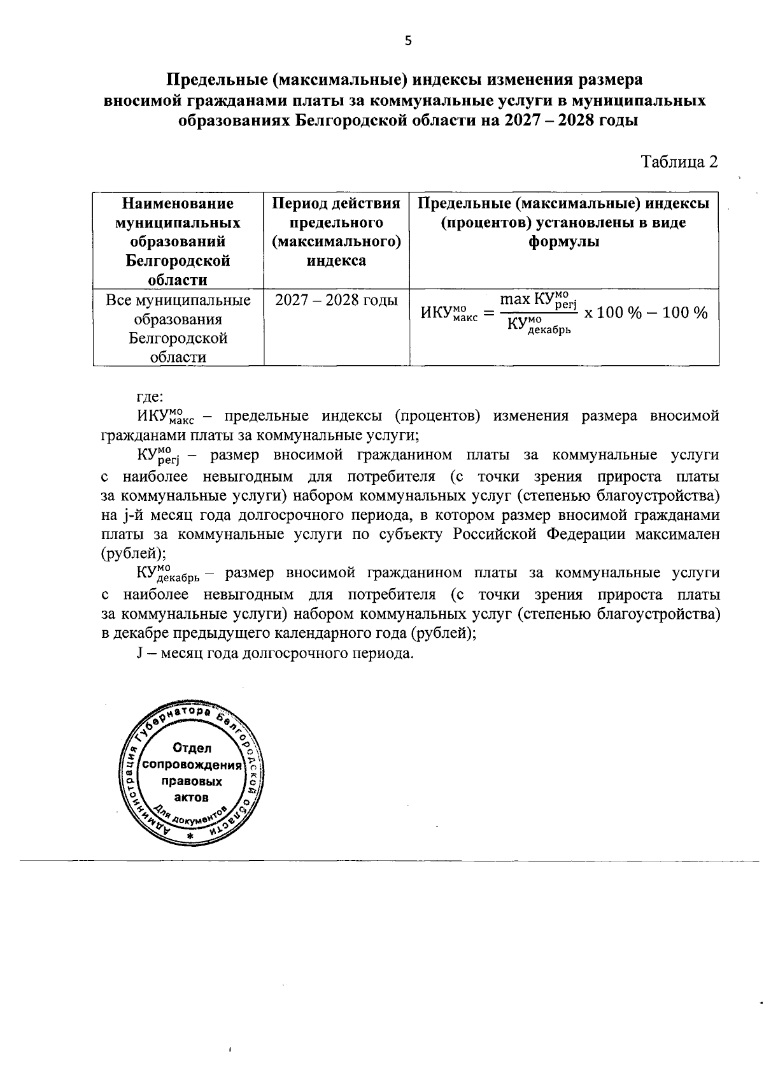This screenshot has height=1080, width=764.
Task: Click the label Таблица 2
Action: point(679,162)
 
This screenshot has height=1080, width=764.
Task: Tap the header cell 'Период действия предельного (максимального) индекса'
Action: point(336,232)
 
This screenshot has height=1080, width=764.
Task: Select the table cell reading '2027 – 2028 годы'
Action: point(336,300)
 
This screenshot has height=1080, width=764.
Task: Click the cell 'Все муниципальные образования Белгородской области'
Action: point(178,328)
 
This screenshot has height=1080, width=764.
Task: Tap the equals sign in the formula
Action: point(488,313)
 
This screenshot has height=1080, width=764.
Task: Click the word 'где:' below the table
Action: point(151,397)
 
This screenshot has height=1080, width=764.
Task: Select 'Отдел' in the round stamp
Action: point(192,748)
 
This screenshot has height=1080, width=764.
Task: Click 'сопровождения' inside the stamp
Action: point(193,765)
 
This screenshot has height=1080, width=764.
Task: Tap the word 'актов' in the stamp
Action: point(192,797)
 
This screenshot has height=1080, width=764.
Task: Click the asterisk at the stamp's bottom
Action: point(190,835)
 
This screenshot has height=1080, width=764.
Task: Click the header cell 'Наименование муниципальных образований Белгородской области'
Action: point(178,241)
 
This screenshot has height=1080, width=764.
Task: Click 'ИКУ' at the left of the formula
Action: point(435,313)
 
